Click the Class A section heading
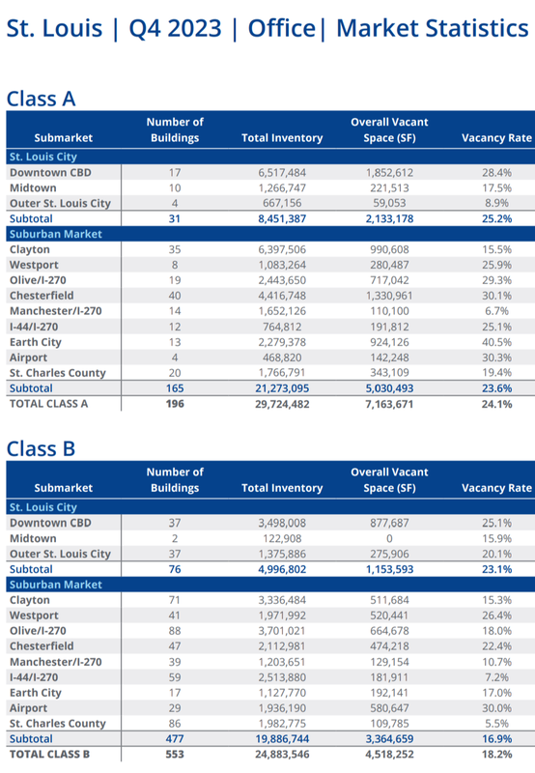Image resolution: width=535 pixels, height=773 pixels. click(41, 99)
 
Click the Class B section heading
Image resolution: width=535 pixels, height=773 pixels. click(41, 449)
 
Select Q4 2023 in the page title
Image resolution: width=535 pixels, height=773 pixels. click(175, 28)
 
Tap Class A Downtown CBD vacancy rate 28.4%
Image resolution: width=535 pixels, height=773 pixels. click(496, 173)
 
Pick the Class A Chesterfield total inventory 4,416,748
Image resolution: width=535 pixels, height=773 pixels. click(282, 296)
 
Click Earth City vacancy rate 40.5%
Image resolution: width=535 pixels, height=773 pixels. click(496, 342)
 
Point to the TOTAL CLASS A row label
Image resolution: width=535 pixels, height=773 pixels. click(49, 404)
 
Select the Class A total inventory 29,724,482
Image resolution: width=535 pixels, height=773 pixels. click(282, 404)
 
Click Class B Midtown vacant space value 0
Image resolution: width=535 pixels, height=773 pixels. click(389, 539)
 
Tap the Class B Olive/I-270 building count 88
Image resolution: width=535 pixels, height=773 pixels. click(175, 631)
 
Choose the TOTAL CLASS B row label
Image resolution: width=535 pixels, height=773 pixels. click(49, 755)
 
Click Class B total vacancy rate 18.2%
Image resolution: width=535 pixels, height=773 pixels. click(496, 755)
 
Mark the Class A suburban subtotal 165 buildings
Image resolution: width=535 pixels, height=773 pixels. click(175, 388)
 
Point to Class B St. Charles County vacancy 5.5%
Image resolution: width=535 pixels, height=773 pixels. click(496, 724)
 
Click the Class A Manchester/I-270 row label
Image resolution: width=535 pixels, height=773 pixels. click(56, 311)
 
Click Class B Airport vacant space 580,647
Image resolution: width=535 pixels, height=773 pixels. click(389, 708)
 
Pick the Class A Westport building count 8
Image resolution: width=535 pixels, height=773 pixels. click(175, 265)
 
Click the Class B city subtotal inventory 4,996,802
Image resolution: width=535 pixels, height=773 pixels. click(282, 569)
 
